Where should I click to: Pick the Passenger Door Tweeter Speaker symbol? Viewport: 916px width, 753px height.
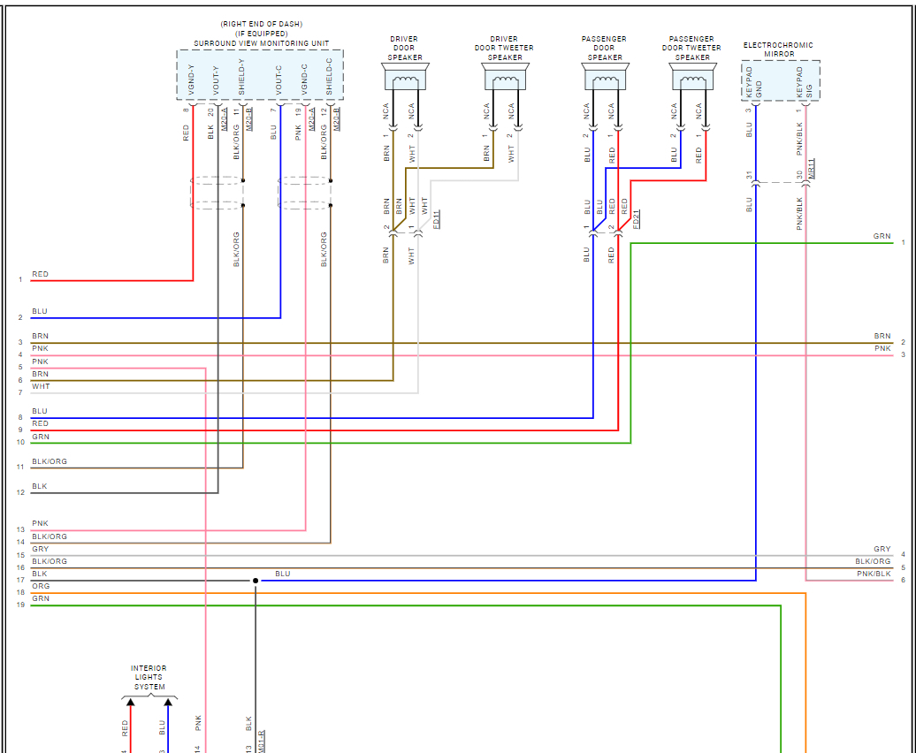coord(693,81)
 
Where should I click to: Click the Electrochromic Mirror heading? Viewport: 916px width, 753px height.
coord(778,49)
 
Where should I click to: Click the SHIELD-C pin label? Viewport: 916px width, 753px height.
coord(330,78)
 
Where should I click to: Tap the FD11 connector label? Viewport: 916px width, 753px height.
coord(437,219)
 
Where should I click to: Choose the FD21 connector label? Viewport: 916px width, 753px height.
coord(637,219)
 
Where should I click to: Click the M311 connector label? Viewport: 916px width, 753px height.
coord(812,168)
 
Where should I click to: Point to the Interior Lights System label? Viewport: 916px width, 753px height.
coord(149,678)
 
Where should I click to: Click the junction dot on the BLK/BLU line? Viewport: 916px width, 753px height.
coord(256,581)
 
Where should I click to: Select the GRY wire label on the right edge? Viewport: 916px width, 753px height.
coord(882,550)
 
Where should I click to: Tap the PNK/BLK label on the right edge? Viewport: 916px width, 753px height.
coord(874,574)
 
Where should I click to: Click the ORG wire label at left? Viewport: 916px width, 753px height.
coord(41,587)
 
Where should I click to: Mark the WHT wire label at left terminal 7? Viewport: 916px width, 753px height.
coord(41,386)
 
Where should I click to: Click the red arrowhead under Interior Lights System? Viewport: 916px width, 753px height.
coord(130,703)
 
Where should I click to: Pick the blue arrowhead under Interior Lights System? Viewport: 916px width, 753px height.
coord(167,703)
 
